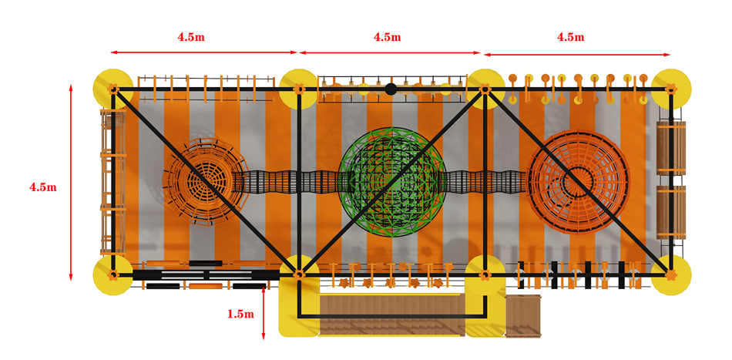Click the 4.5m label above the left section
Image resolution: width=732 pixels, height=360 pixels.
pyautogui.click(x=190, y=38)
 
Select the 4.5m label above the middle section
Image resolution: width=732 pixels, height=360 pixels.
pyautogui.click(x=387, y=37)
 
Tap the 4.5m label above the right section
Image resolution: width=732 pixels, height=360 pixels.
pyautogui.click(x=570, y=37)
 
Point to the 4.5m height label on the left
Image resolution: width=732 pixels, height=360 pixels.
pyautogui.click(x=43, y=187)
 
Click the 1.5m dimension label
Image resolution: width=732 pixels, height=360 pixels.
pyautogui.click(x=241, y=315)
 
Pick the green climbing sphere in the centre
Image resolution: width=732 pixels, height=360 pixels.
pyautogui.click(x=392, y=182)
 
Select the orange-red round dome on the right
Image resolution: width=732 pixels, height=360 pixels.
pyautogui.click(x=579, y=180)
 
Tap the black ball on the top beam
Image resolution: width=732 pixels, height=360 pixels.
pyautogui.click(x=391, y=89)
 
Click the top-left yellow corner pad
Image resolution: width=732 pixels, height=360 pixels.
pyautogui.click(x=113, y=88)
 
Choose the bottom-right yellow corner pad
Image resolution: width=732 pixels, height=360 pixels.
pyautogui.click(x=671, y=275)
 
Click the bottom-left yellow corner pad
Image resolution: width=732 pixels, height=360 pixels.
pyautogui.click(x=113, y=275)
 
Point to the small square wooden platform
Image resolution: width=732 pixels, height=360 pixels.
pyautogui.click(x=523, y=315)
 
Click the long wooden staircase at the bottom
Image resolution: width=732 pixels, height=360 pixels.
pyautogui.click(x=392, y=315)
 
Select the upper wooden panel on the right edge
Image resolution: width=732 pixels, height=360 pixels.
pyautogui.click(x=671, y=148)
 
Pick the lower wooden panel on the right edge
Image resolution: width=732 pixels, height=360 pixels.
pyautogui.click(x=671, y=213)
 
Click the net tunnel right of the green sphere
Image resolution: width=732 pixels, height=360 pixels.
pyautogui.click(x=485, y=181)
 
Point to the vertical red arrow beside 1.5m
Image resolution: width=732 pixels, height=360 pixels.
pyautogui.click(x=264, y=313)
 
